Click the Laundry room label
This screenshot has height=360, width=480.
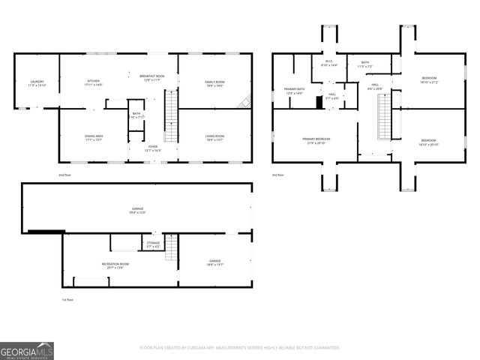click(x=37, y=83)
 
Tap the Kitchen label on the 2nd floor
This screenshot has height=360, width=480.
click(x=94, y=82)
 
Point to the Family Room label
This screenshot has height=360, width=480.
click(x=214, y=83)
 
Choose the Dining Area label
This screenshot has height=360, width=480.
click(x=94, y=138)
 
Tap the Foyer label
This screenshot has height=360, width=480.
click(x=152, y=148)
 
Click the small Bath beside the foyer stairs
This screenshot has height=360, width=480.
click(x=136, y=115)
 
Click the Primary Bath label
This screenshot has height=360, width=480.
click(x=294, y=91)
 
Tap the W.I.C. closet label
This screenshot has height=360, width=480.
click(x=329, y=64)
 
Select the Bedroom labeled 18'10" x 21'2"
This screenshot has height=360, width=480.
click(x=428, y=79)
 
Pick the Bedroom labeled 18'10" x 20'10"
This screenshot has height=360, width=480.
click(x=428, y=142)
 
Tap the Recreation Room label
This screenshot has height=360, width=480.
click(x=116, y=265)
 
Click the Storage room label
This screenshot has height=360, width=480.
click(x=153, y=244)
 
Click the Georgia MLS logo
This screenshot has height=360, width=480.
click(x=27, y=350)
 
